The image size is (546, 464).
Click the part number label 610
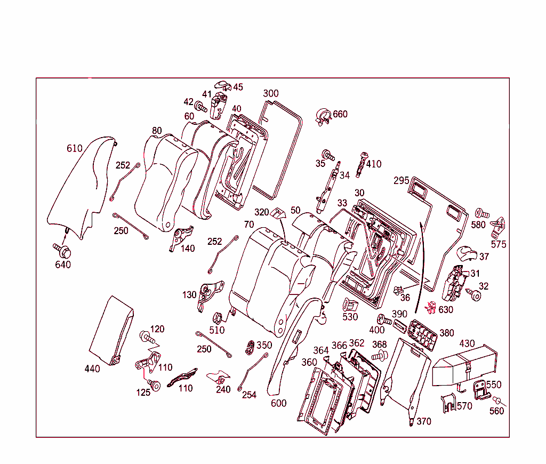point(74,148)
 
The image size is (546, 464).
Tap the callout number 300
point(270,93)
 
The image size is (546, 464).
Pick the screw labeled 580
point(478,214)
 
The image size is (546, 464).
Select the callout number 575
point(499,244)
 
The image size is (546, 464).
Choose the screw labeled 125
point(155,385)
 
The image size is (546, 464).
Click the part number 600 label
point(278,403)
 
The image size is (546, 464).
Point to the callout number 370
point(423,421)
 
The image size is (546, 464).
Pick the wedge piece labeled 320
point(277,213)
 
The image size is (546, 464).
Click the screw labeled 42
point(202,107)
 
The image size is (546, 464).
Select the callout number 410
point(373,164)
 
